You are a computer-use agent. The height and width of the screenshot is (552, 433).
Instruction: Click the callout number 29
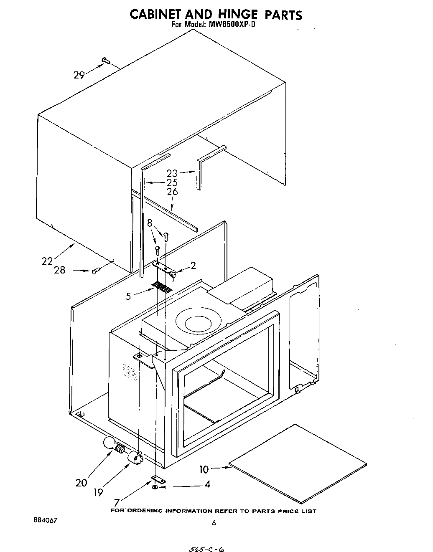[79, 75]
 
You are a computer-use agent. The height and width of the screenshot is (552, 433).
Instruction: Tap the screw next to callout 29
[105, 61]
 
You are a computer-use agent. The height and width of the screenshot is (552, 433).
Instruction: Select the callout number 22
[47, 261]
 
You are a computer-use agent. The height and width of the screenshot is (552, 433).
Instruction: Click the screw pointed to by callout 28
[94, 271]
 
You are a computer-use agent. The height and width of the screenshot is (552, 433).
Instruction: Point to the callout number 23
[172, 173]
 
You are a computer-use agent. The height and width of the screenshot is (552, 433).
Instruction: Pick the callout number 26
[172, 192]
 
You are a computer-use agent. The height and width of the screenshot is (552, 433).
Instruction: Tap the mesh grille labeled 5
[162, 287]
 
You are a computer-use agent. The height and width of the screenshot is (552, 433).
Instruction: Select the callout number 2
[193, 266]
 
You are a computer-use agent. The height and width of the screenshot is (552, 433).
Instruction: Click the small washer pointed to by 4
[155, 487]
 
